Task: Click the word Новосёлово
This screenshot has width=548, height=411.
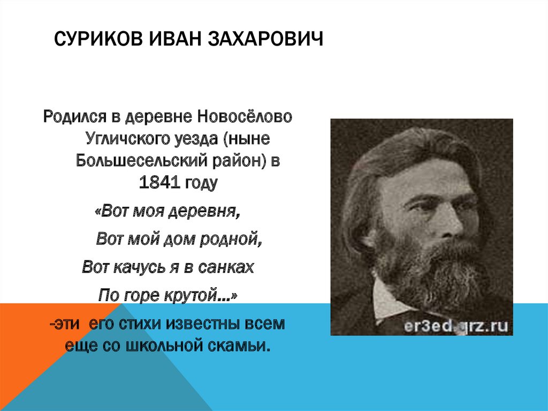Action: point(245,117)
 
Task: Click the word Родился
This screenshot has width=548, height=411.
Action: point(74,117)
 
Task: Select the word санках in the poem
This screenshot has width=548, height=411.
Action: point(226,267)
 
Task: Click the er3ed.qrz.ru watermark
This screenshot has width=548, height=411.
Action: point(456,326)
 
